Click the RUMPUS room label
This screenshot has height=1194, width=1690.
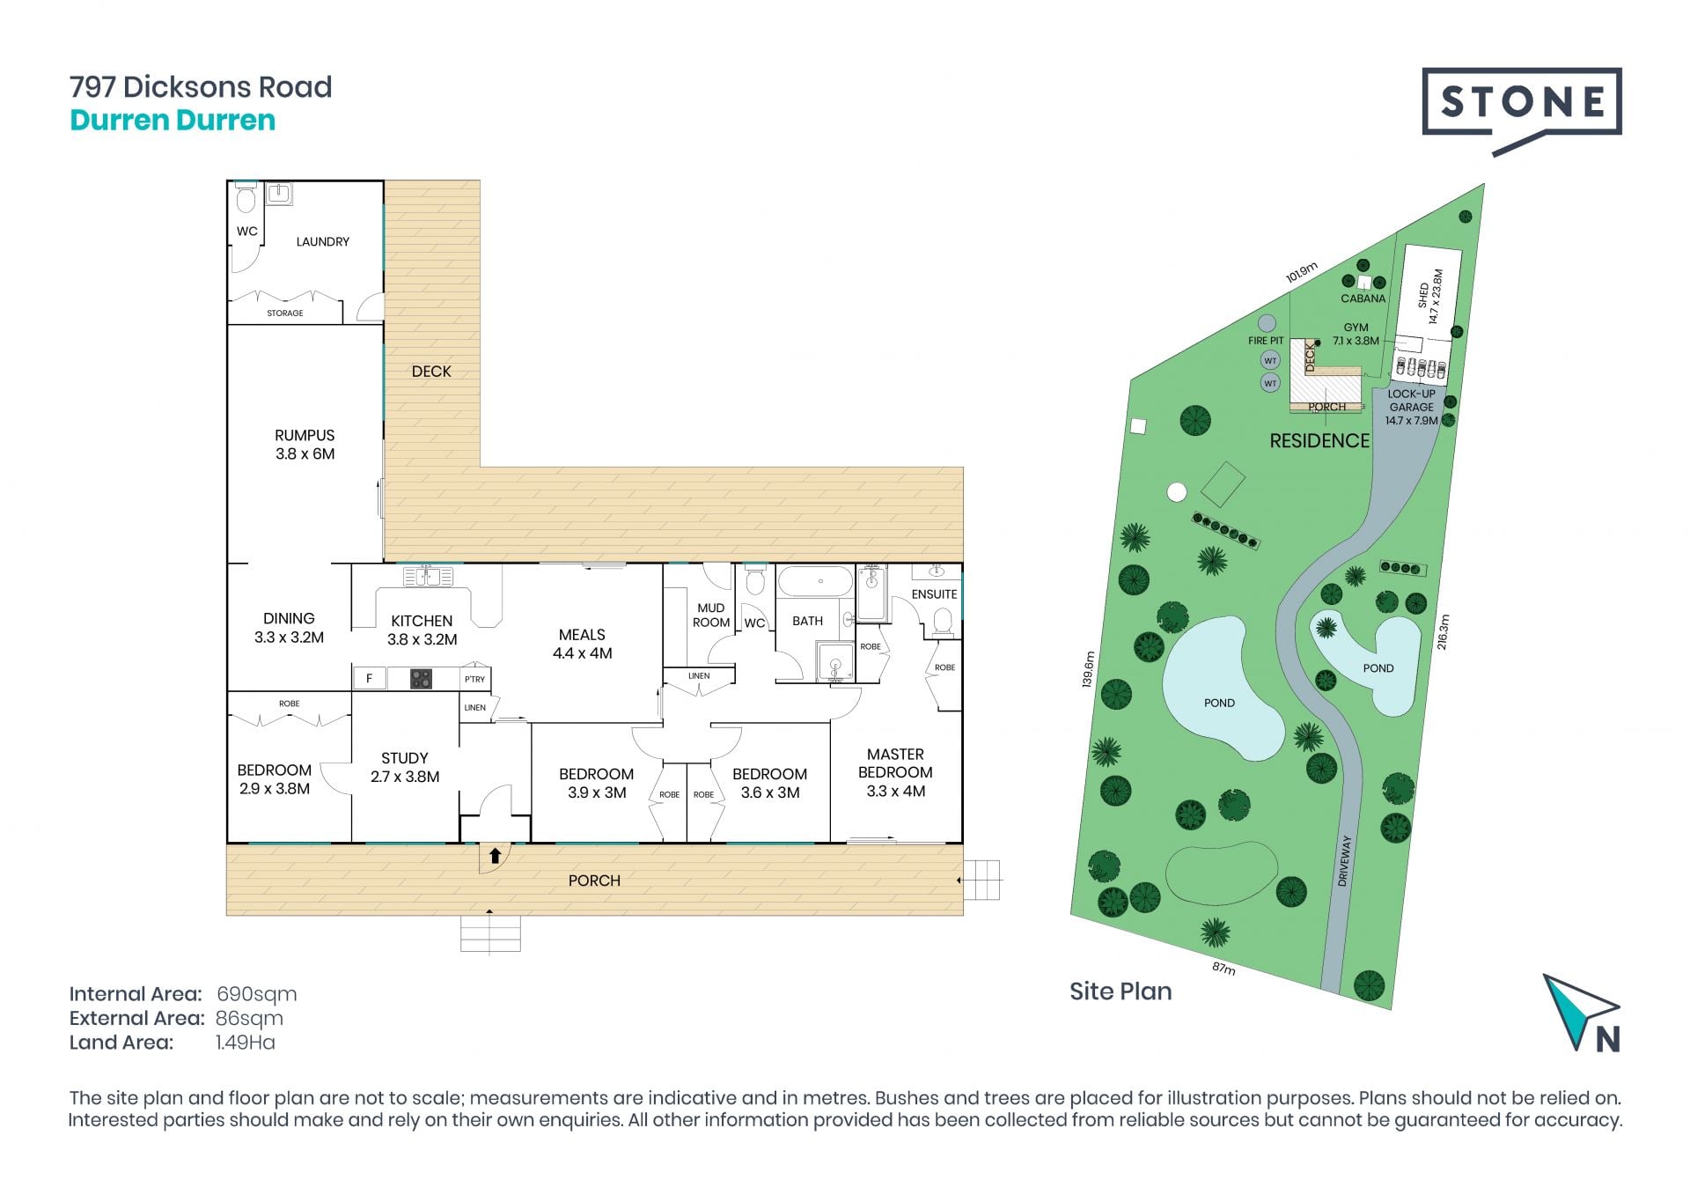point(305,445)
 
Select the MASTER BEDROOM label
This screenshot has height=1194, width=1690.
point(895,772)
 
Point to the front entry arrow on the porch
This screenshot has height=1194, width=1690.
point(495,855)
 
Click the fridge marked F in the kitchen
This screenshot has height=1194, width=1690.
point(370,678)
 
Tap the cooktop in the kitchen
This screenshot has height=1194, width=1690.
point(421,679)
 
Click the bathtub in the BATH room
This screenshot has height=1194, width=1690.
point(815,582)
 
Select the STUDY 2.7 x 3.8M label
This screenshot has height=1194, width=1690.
point(405,767)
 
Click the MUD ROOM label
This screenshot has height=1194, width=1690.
point(711,615)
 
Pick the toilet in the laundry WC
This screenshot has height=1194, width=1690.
point(246,199)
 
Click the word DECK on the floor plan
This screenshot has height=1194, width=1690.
point(431,372)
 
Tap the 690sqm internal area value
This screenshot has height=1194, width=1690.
point(257,994)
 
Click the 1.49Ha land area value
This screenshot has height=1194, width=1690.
point(246,1043)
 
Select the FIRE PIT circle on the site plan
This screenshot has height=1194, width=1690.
point(1267,323)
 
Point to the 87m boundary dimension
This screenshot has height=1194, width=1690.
point(1223,969)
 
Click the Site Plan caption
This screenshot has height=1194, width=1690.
point(1121,991)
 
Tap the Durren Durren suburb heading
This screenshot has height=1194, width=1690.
point(173,120)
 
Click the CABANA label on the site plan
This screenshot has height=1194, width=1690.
point(1363,298)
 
